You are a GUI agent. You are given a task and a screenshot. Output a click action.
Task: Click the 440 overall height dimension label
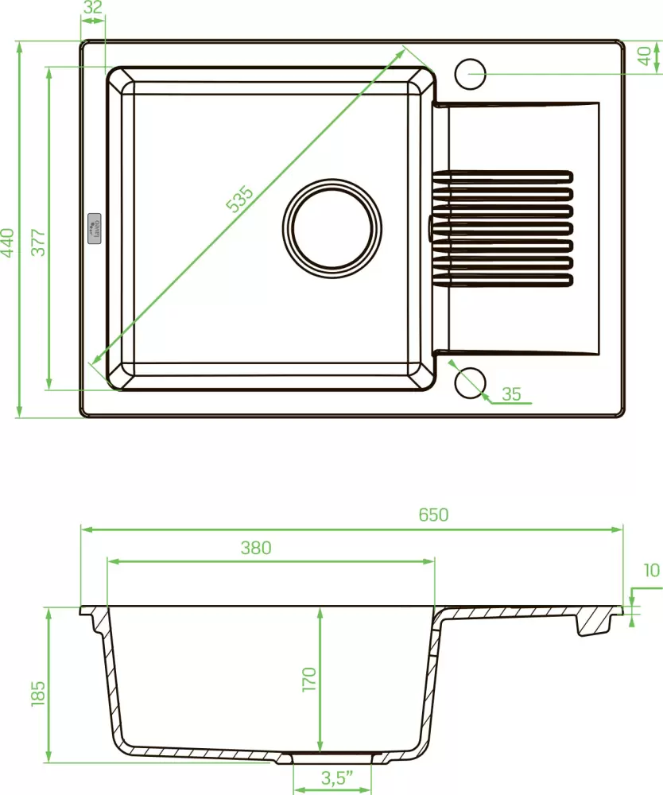pos(8,242)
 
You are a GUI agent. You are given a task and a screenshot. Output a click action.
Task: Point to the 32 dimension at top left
pos(93,8)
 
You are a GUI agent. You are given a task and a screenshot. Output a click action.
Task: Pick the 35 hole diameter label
pos(512,394)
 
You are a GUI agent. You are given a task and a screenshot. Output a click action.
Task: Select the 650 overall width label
pos(433,514)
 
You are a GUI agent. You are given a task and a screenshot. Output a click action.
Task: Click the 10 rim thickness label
pos(652,570)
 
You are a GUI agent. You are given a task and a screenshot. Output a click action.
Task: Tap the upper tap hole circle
pos(470,73)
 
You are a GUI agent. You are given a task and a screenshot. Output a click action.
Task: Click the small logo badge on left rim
pos(93,227)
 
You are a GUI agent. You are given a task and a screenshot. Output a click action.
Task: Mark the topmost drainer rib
pos(502,174)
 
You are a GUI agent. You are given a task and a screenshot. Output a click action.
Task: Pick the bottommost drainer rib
pos(502,279)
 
